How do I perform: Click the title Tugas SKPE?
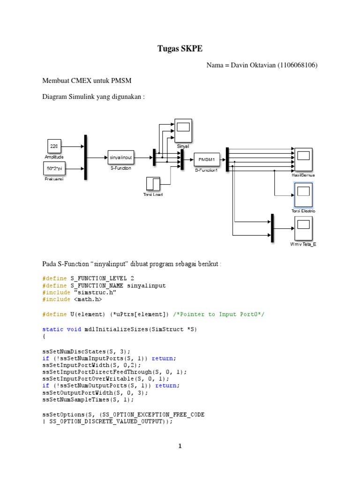pos(180,48)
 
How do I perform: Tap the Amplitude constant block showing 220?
pos(54,146)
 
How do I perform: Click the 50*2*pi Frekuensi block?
pos(54,168)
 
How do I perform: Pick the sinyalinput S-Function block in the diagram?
pos(121,157)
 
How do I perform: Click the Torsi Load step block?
pos(153,184)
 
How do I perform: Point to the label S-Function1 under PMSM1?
pos(207,171)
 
